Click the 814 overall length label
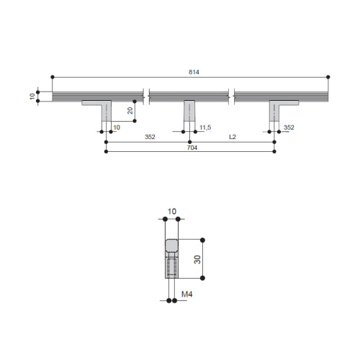pos(194,72)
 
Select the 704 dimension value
pos(192,148)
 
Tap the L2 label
pos(233,137)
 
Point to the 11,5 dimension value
pos(205,127)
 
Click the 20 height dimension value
pos(130,111)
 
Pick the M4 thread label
pos(186,294)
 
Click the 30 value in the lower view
pos(197,259)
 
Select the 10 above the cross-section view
pos(172,212)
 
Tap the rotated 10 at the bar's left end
pos(32,96)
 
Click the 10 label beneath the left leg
pos(117,127)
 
